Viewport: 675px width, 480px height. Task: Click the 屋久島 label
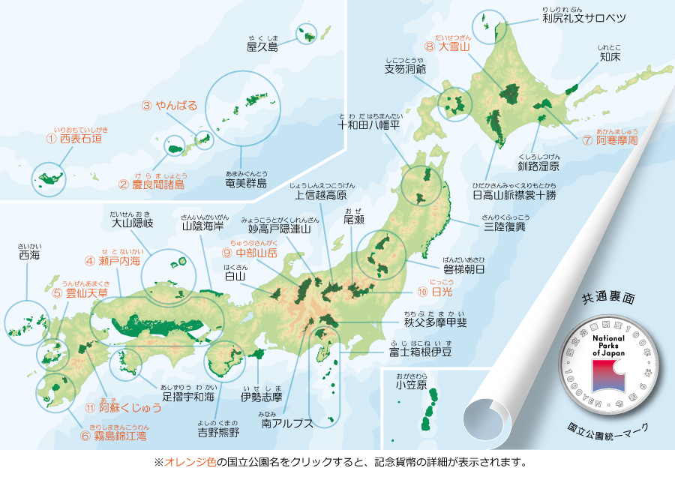pyautogui.click(x=262, y=46)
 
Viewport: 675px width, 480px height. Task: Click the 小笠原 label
pyautogui.click(x=412, y=385)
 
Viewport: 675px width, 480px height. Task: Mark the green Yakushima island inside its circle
pyautogui.click(x=306, y=33)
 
